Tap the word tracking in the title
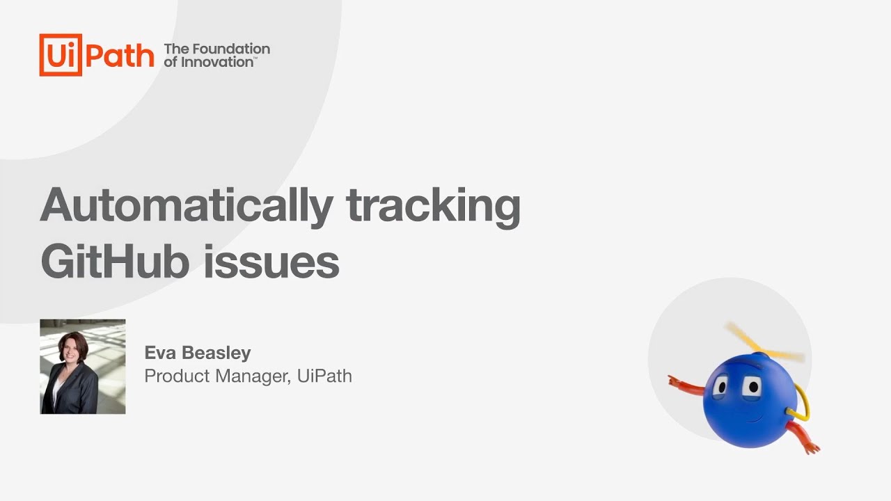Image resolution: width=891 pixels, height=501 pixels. coord(432,206)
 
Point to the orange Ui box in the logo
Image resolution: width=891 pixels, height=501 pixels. coord(61,55)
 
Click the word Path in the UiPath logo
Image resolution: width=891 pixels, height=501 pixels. coord(120,55)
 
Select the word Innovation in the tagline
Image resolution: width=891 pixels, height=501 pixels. coord(217,62)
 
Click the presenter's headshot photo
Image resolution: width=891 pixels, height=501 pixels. coord(82,367)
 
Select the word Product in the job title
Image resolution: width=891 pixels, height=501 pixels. coord(171,376)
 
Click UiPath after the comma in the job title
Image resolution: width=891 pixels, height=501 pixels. coord(324,376)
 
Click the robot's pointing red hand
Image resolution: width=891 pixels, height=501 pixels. coord(674,381)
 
